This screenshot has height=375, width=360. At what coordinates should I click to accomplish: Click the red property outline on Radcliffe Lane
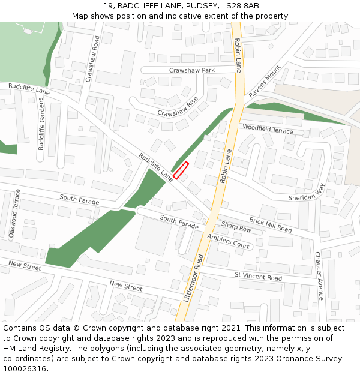pos(181,171)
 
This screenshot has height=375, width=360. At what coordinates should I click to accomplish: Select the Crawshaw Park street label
pos(191,70)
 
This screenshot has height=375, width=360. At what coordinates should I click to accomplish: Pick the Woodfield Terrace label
pos(268,129)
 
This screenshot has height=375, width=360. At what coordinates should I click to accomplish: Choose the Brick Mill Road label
pos(271,226)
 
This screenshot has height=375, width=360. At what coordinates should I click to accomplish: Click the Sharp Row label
pos(236,227)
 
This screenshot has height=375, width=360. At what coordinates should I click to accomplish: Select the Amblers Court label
pos(228,242)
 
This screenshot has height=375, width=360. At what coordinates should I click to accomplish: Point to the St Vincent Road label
pos(258,277)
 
